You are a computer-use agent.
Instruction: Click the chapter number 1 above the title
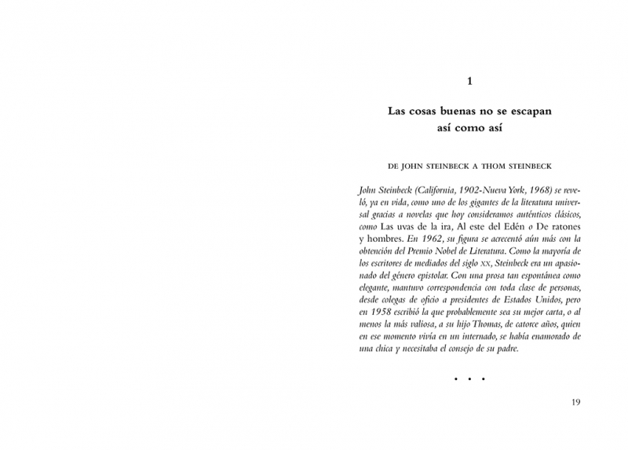coord(469,81)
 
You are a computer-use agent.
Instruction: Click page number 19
coord(575,403)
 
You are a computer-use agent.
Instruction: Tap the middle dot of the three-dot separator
coord(469,379)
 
